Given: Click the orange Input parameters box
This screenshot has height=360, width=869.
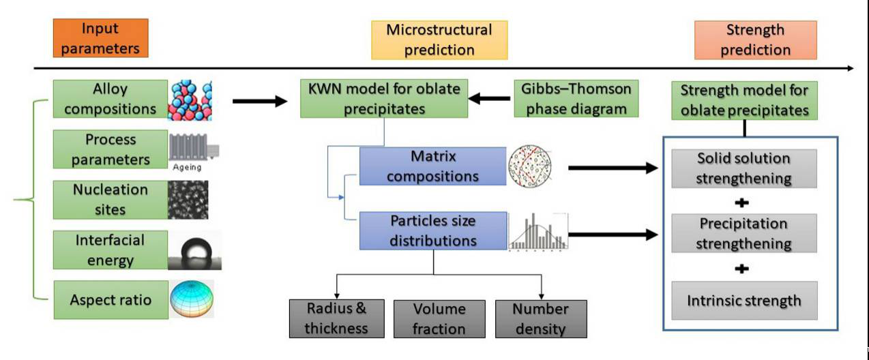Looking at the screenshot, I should pyautogui.click(x=100, y=38).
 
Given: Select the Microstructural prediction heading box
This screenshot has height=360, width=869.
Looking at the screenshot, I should pyautogui.click(x=439, y=40).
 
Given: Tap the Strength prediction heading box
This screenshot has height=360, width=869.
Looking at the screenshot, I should pyautogui.click(x=755, y=40).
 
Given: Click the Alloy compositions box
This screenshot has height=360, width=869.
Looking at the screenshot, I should pyautogui.click(x=110, y=99).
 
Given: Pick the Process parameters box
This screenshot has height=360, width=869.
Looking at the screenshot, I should pyautogui.click(x=110, y=149).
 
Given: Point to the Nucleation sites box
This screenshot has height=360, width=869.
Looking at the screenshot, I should pyautogui.click(x=110, y=198).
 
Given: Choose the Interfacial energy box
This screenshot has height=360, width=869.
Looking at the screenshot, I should pyautogui.click(x=110, y=250).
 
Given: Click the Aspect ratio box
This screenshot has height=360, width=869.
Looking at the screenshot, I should pyautogui.click(x=110, y=300).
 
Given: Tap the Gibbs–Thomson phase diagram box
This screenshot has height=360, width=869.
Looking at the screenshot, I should pyautogui.click(x=576, y=98).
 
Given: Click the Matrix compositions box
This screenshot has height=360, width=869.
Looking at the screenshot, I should pyautogui.click(x=433, y=166).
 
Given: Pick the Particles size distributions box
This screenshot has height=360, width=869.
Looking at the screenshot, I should pyautogui.click(x=433, y=230).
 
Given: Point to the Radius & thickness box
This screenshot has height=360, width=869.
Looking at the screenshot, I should pyautogui.click(x=336, y=318).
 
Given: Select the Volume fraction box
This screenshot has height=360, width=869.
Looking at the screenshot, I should pyautogui.click(x=439, y=318).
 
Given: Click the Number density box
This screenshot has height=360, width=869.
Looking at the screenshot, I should pyautogui.click(x=540, y=318).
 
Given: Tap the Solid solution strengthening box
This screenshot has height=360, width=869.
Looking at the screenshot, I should pyautogui.click(x=743, y=168).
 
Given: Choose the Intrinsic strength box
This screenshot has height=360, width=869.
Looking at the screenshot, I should pyautogui.click(x=743, y=300).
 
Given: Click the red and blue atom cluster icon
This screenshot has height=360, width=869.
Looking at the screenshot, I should pyautogui.click(x=190, y=100).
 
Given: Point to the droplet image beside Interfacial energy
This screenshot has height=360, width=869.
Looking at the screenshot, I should pyautogui.click(x=194, y=251).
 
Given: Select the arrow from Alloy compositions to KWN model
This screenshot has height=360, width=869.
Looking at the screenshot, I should pyautogui.click(x=259, y=102).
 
